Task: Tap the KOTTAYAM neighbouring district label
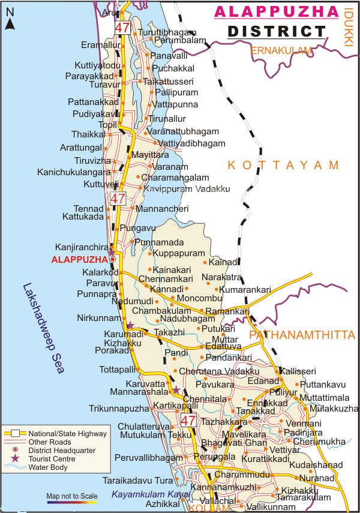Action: pyautogui.click(x=283, y=165)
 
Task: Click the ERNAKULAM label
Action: pyautogui.click(x=282, y=50)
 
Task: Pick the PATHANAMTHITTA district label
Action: pyautogui.click(x=302, y=335)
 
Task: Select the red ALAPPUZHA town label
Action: pyautogui.click(x=79, y=259)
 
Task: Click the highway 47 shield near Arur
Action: pyautogui.click(x=123, y=28)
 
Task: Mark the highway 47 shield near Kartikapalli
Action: pyautogui.click(x=188, y=421)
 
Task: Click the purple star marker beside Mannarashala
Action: pyautogui.click(x=176, y=391)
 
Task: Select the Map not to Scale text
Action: pyautogui.click(x=71, y=496)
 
